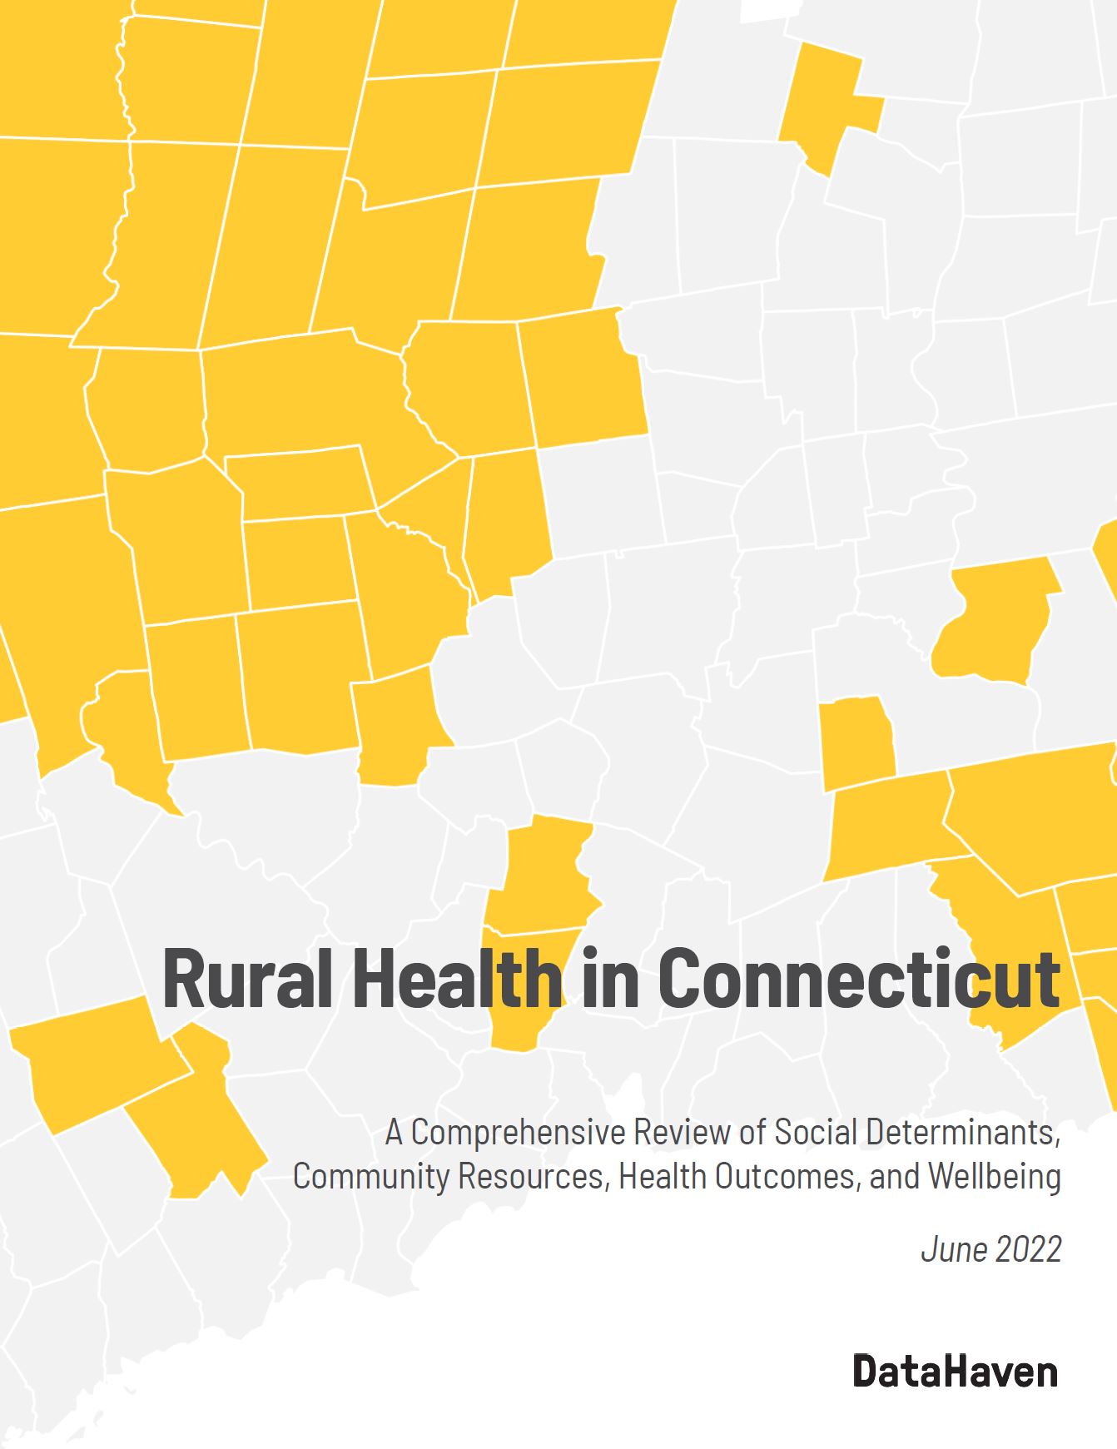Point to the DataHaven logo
956,1372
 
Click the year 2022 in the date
1031,1250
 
